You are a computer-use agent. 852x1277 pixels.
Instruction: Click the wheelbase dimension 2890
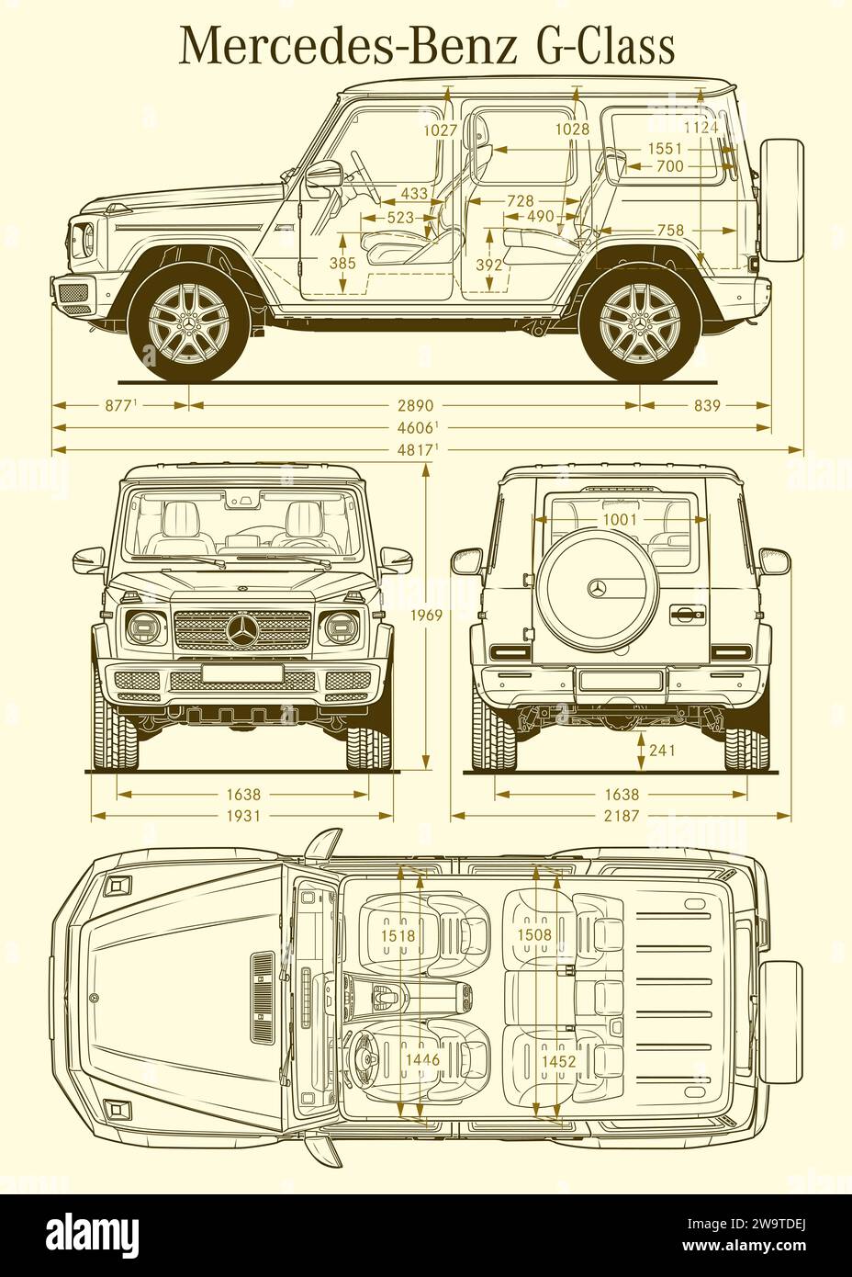pos(416,405)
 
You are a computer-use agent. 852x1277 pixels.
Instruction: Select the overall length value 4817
pos(416,450)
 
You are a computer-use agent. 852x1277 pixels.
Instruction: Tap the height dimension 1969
pos(426,616)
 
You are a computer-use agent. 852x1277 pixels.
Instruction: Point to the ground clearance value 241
pos(662,750)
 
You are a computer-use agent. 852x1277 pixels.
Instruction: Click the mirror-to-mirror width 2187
pos(622,816)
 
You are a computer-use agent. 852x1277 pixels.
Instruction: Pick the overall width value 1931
pos(243,816)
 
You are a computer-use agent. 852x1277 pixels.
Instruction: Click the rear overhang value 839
pos(707,405)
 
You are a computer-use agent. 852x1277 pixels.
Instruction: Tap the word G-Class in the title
pos(606,46)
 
